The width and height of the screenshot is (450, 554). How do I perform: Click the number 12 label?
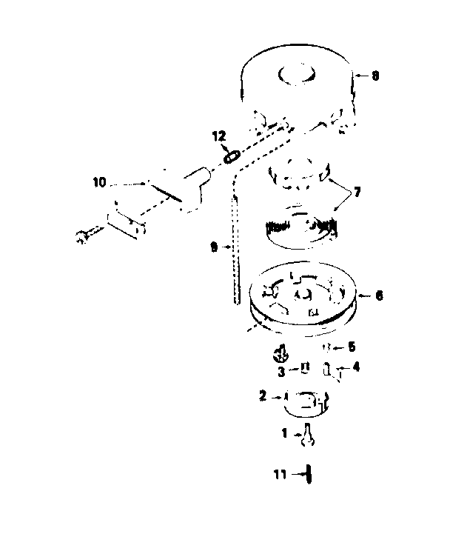click(219, 136)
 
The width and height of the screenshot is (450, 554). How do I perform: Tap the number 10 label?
click(99, 182)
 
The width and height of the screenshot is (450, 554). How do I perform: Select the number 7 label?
click(357, 193)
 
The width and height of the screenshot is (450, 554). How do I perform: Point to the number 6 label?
click(379, 296)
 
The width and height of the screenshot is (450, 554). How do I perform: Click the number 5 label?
click(352, 347)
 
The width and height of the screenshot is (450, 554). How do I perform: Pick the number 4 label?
click(356, 367)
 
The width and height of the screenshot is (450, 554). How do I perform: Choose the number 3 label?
click(281, 372)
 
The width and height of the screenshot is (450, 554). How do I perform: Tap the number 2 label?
click(263, 396)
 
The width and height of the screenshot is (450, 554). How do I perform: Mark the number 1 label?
click(284, 433)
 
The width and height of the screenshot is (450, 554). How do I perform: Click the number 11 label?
click(281, 475)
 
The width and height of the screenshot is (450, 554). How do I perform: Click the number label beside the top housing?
click(375, 76)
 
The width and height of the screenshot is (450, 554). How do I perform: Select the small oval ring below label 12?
click(232, 157)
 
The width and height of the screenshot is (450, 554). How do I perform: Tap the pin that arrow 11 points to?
click(309, 475)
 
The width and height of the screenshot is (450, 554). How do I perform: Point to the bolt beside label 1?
click(308, 435)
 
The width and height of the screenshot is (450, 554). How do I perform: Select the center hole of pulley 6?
click(303, 294)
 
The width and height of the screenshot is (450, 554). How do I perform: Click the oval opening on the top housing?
click(298, 75)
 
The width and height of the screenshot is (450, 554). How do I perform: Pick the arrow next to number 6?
click(366, 296)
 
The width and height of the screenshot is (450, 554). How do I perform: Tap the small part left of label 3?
click(281, 354)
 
